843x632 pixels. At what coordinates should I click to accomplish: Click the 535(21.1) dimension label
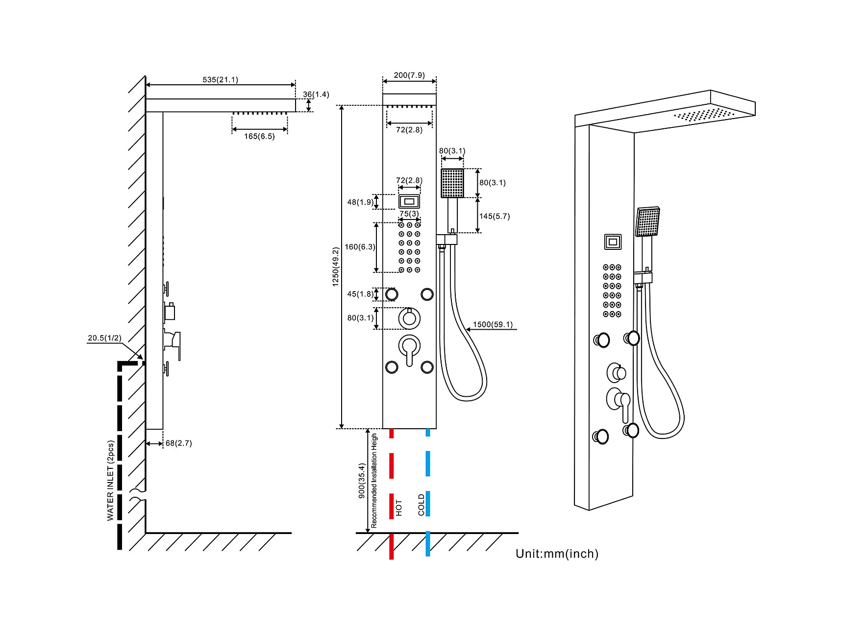tap(220, 79)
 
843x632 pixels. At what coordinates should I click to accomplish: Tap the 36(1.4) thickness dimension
tap(316, 95)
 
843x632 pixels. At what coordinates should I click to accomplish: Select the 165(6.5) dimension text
tap(259, 136)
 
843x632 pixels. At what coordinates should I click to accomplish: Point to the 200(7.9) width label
tap(409, 75)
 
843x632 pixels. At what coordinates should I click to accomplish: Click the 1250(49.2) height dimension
tap(336, 267)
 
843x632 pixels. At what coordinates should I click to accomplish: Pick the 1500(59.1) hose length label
tap(493, 324)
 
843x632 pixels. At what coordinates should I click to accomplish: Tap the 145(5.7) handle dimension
tap(495, 216)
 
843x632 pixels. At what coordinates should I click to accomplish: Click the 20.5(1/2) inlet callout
tap(104, 338)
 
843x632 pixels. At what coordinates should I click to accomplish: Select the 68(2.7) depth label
tap(178, 443)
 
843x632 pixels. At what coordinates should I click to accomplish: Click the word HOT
tap(399, 508)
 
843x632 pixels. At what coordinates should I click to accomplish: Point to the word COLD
tap(421, 505)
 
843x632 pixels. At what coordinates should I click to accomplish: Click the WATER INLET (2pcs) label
tap(111, 481)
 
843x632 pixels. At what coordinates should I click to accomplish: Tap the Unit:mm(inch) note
tap(557, 554)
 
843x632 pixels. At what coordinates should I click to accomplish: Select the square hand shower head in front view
tap(452, 183)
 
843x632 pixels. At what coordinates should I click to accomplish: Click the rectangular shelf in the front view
tap(409, 201)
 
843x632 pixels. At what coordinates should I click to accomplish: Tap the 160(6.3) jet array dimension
tap(360, 247)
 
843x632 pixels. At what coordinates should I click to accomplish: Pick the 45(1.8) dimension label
tap(360, 294)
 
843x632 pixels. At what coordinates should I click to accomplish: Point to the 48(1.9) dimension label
tap(360, 202)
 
